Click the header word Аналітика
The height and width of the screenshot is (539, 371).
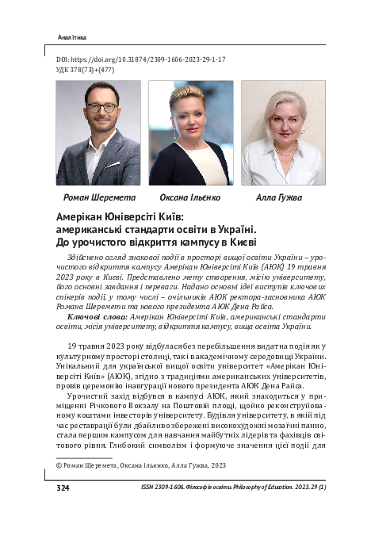(73, 37)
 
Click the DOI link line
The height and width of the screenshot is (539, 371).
(141, 59)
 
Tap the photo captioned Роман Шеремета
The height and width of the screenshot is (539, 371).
(98, 132)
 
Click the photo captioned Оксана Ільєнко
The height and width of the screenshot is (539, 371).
(190, 132)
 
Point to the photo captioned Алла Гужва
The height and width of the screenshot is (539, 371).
(283, 132)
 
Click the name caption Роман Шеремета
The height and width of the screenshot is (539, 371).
(99, 197)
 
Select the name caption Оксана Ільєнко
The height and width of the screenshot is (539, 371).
(191, 197)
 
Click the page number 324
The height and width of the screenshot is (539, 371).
(63, 487)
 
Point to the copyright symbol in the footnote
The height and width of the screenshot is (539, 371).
(59, 466)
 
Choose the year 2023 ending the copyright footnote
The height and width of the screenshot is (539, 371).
(216, 466)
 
